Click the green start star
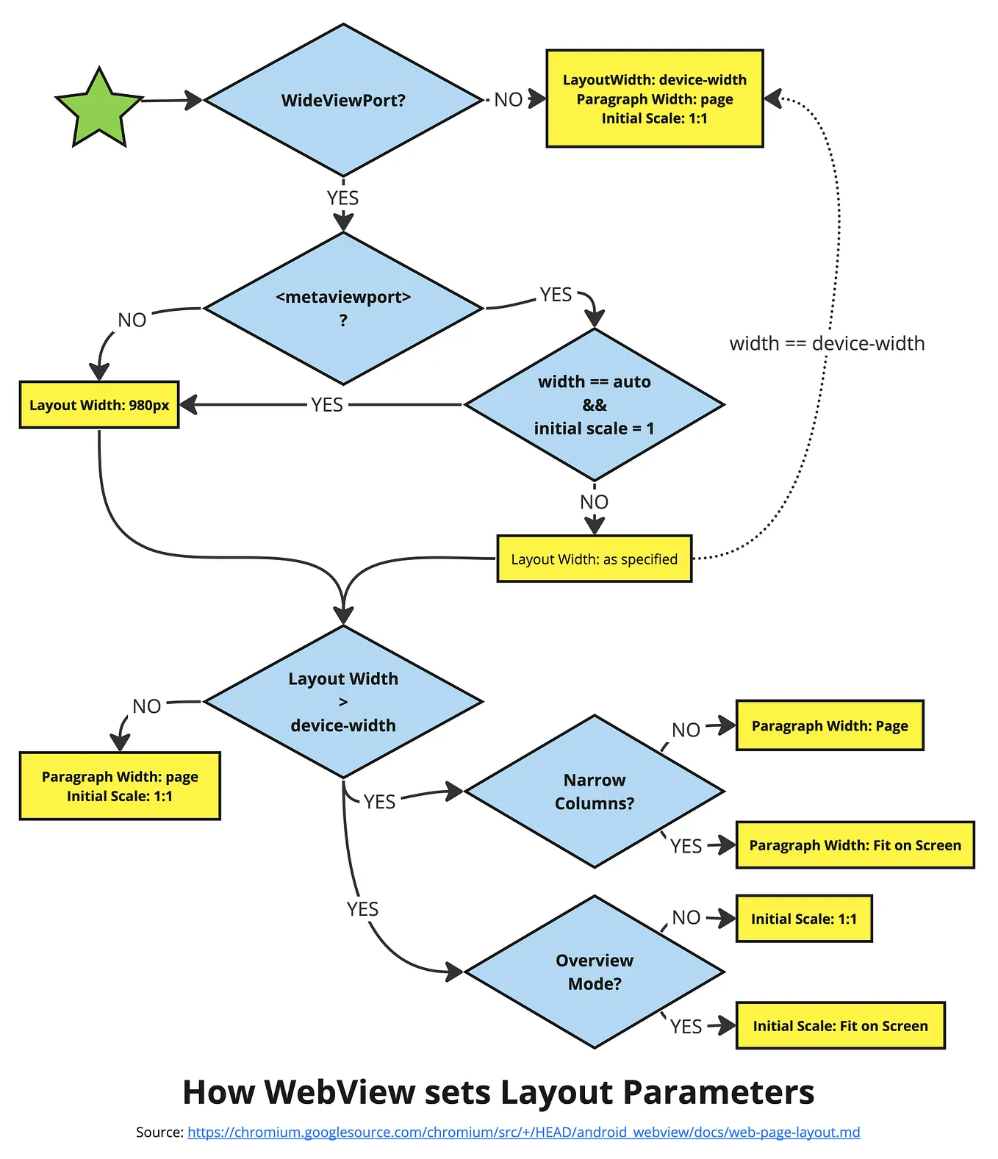99,109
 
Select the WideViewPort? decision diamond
343,100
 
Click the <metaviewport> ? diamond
343,309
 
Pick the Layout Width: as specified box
594,559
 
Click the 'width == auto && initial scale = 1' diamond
594,404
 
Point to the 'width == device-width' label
827,343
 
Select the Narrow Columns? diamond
594,792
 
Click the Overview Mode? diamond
594,972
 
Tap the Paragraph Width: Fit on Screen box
855,845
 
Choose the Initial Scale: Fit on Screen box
840,1025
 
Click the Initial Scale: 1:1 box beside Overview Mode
803,919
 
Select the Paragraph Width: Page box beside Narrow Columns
829,725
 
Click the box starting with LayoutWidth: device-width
654,98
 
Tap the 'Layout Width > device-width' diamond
343,702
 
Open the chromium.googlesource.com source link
523,1132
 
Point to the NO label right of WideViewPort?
508,99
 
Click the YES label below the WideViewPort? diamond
342,198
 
